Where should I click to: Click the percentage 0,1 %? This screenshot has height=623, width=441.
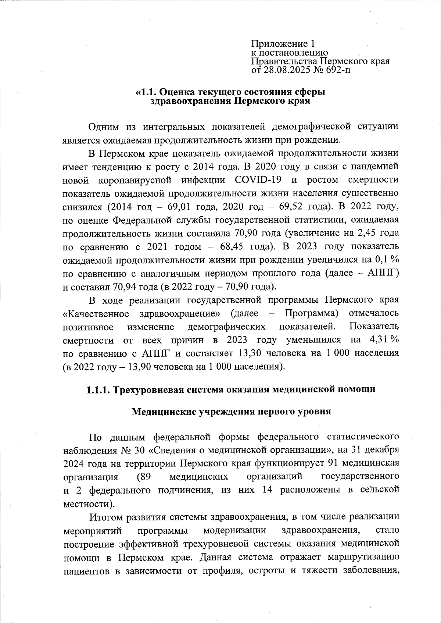pyautogui.click(x=387, y=260)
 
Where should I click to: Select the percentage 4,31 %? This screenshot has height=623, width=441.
pyautogui.click(x=385, y=340)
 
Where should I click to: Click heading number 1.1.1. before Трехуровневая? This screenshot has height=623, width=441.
pyautogui.click(x=98, y=390)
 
